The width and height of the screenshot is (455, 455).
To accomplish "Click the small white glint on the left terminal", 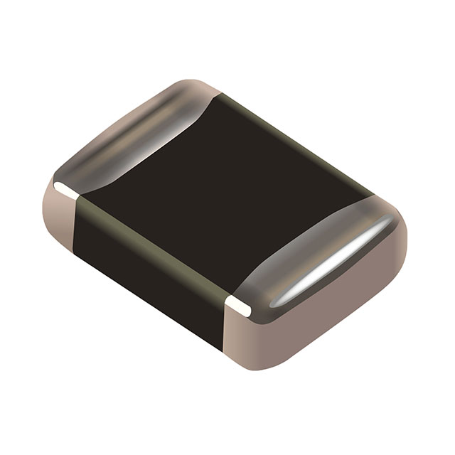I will (64, 189).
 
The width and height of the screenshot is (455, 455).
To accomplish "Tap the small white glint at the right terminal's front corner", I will (238, 307).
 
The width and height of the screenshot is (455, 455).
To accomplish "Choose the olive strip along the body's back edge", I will (299, 142).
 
